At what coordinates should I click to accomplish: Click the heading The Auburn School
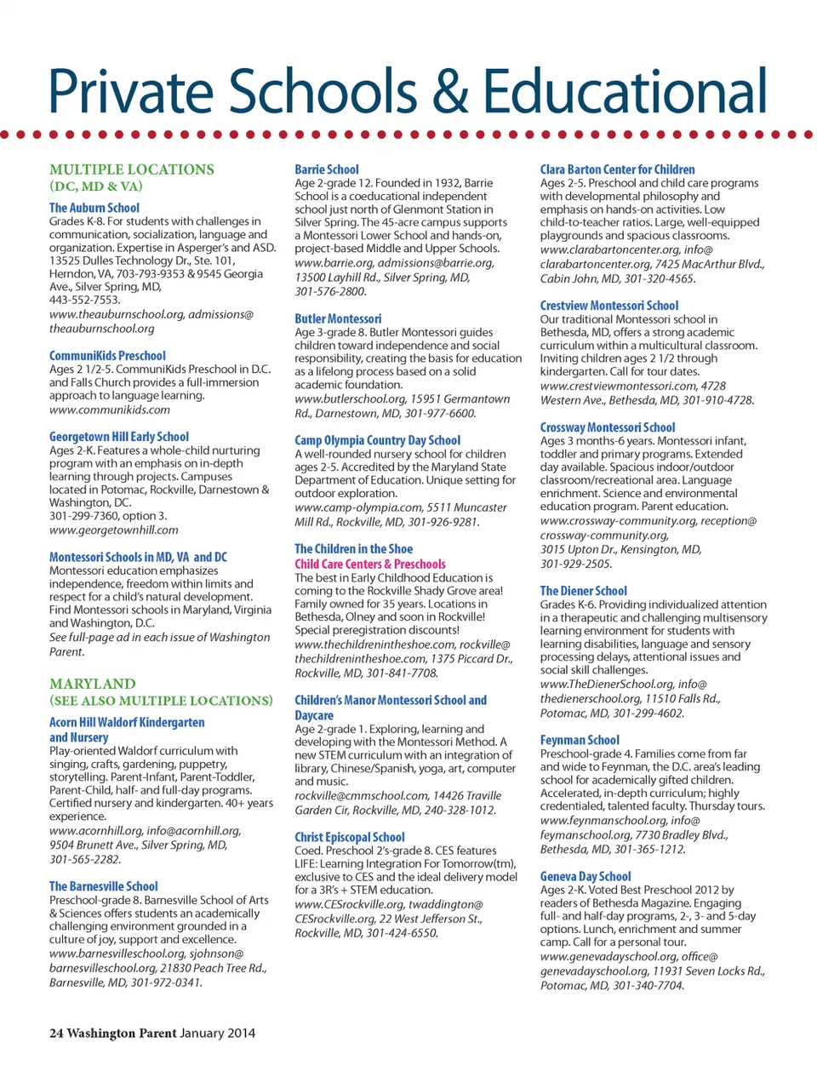click(94, 208)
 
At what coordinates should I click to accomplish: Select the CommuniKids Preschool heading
click(107, 356)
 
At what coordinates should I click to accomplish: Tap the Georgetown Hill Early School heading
click(119, 437)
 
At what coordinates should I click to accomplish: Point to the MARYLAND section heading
click(92, 684)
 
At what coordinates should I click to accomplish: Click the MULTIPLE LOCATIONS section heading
click(132, 169)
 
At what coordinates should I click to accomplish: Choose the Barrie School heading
click(327, 169)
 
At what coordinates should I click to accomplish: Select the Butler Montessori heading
click(338, 318)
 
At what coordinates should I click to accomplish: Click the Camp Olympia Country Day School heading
click(377, 440)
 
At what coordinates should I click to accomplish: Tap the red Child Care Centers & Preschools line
click(369, 564)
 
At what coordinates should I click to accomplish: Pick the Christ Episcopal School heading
click(350, 837)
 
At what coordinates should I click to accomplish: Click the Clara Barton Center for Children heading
click(617, 169)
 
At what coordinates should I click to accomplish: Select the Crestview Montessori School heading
click(609, 306)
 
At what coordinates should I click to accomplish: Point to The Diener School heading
click(583, 591)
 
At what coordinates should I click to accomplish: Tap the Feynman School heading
click(580, 741)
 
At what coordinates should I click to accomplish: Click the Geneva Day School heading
click(586, 876)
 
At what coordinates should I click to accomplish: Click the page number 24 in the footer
click(56, 1033)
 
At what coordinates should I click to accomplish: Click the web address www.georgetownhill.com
click(114, 530)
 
